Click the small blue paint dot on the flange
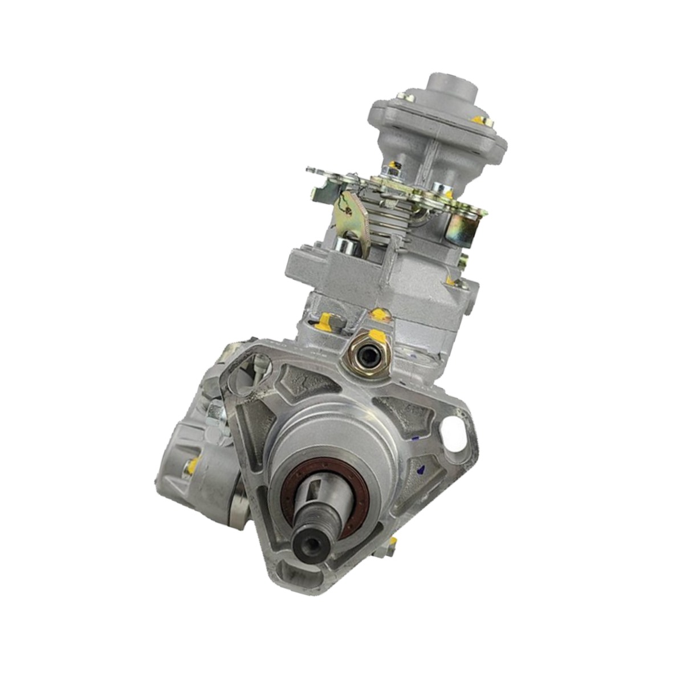point(420,469)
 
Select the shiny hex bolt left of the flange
point(215,410)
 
